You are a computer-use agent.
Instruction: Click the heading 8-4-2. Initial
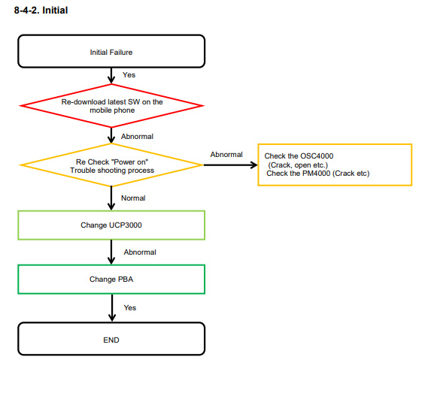point(41,11)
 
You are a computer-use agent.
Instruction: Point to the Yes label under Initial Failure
point(129,75)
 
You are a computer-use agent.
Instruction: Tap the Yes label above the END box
point(130,308)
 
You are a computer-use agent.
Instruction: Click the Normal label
point(133,198)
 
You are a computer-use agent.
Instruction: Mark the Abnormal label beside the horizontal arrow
point(226,155)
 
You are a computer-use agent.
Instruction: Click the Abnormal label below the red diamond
point(137,137)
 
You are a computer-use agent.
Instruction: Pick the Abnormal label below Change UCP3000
point(140,252)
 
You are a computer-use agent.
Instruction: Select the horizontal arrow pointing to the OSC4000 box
point(231,165)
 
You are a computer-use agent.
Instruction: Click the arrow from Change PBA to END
point(112,308)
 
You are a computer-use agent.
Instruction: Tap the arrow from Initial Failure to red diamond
point(111,76)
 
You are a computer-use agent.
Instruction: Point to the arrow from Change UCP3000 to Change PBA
point(111,252)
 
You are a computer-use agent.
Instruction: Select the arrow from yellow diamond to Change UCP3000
point(111,198)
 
